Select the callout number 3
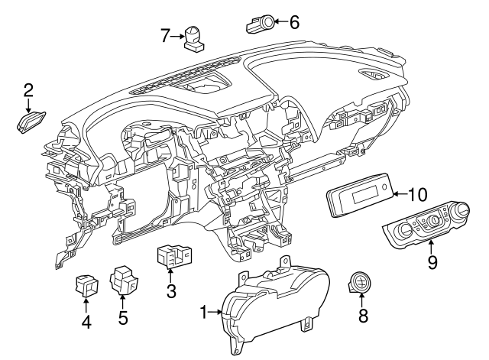pos(171,290)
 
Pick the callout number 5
pos(123,317)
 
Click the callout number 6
pos(293,22)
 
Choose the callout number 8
pos(363,315)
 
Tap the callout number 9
pos(432,263)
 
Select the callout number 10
pos(418,194)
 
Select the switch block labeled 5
pos(122,280)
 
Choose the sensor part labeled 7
pos(195,37)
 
